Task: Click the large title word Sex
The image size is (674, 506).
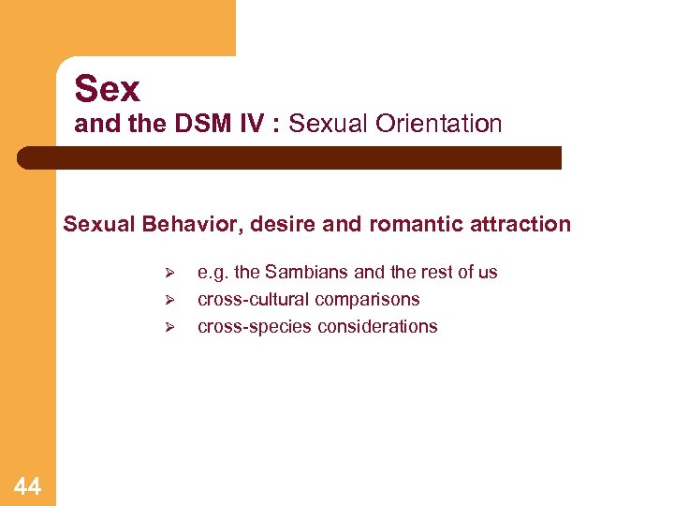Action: [x=108, y=89]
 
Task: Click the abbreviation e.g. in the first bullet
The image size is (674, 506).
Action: [x=213, y=273]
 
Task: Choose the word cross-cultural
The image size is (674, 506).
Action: [x=255, y=300]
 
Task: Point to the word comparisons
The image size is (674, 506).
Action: [x=368, y=300]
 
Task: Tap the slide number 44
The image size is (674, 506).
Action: [x=27, y=486]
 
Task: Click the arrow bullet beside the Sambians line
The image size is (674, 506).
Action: [x=169, y=274]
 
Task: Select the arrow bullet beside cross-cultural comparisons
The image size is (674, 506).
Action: [x=169, y=301]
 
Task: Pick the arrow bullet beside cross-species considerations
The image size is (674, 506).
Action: [x=169, y=328]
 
